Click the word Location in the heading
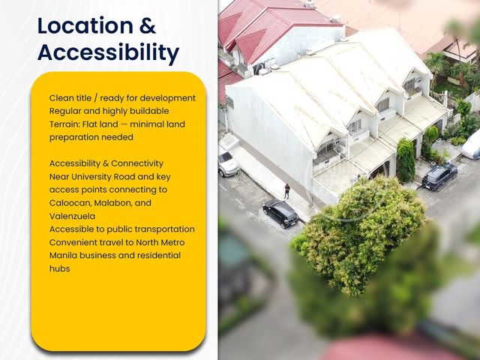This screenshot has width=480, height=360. click(x=85, y=25)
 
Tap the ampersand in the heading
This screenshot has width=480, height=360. click(x=148, y=25)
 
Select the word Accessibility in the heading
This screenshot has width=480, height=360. click(x=108, y=52)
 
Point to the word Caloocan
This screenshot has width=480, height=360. click(x=69, y=203)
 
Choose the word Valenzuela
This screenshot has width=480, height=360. click(x=72, y=216)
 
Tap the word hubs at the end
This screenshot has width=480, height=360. click(x=60, y=268)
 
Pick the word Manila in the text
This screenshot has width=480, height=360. click(x=63, y=255)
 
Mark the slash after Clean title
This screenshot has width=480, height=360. click(x=96, y=98)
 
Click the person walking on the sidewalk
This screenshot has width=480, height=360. click(x=286, y=191)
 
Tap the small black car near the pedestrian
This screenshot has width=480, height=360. click(x=280, y=213)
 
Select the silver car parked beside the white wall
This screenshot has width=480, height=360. click(x=228, y=163)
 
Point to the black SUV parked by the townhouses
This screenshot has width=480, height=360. click(x=439, y=176)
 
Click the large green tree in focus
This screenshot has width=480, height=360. click(x=358, y=235)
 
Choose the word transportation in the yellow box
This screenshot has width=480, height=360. click(x=165, y=229)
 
